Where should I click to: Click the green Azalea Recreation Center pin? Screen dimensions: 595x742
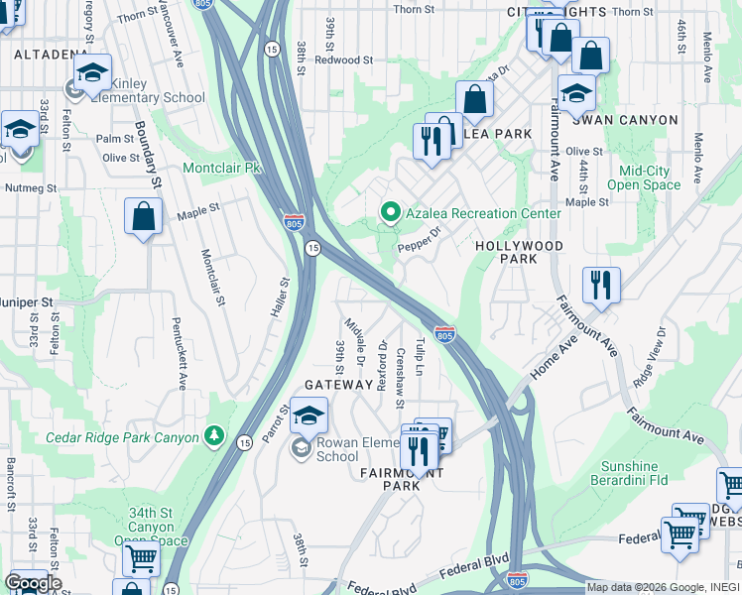pyautogui.click(x=390, y=213)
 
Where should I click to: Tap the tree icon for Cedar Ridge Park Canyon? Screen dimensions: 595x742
pyautogui.click(x=214, y=436)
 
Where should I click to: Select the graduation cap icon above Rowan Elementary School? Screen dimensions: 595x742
pyautogui.click(x=309, y=416)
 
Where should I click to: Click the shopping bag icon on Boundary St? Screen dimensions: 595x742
pyautogui.click(x=143, y=217)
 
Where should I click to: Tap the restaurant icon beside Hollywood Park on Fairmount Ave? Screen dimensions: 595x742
pyautogui.click(x=601, y=286)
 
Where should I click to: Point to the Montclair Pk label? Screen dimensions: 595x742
pyautogui.click(x=221, y=169)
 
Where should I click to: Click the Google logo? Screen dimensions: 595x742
pyautogui.click(x=33, y=582)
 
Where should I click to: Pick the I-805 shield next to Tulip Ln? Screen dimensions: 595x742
pyautogui.click(x=444, y=335)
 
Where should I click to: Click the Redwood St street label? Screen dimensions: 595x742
pyautogui.click(x=343, y=59)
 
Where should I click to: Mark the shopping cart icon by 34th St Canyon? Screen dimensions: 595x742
pyautogui.click(x=141, y=559)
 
